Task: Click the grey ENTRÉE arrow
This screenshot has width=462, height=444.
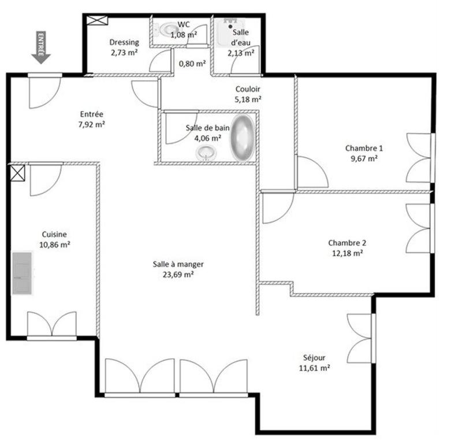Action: click(x=41, y=47)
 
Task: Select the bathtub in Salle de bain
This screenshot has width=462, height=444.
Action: click(x=242, y=138)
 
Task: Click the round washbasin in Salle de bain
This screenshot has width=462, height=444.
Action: click(x=207, y=153)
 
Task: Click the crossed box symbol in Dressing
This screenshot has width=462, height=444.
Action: click(x=96, y=20)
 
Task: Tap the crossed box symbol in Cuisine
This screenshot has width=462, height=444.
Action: click(x=17, y=173)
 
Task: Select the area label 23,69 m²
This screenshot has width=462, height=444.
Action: click(x=178, y=275)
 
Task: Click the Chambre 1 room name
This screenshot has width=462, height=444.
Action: click(x=364, y=148)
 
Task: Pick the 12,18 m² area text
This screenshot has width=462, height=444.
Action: click(x=346, y=253)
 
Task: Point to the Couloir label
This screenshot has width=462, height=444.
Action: click(x=248, y=89)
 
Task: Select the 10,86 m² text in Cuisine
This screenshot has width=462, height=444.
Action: click(x=54, y=245)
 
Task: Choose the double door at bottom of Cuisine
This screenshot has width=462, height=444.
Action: click(x=52, y=324)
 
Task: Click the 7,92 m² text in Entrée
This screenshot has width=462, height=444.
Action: click(x=92, y=124)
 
